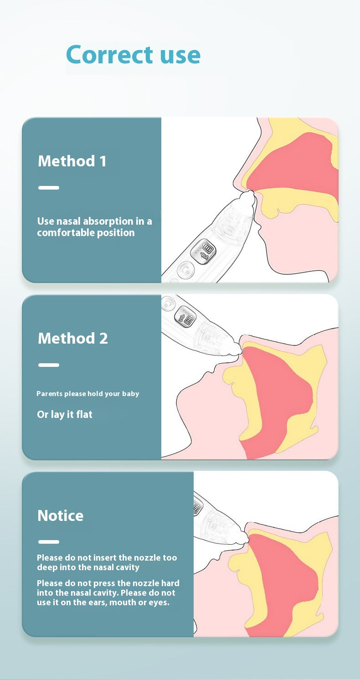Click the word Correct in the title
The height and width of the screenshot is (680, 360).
click(109, 55)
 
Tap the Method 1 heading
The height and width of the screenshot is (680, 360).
click(72, 161)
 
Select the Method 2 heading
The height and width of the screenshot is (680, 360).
click(73, 338)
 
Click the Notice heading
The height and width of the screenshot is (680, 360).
click(61, 515)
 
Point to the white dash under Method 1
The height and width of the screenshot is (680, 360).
click(49, 188)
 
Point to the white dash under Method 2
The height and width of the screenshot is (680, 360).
click(49, 365)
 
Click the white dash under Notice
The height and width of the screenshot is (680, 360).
click(49, 542)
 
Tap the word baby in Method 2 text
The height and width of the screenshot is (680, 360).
click(130, 394)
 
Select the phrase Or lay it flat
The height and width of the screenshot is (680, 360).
click(65, 414)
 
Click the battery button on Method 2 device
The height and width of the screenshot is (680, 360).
click(185, 316)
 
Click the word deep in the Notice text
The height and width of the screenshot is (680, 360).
click(47, 567)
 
